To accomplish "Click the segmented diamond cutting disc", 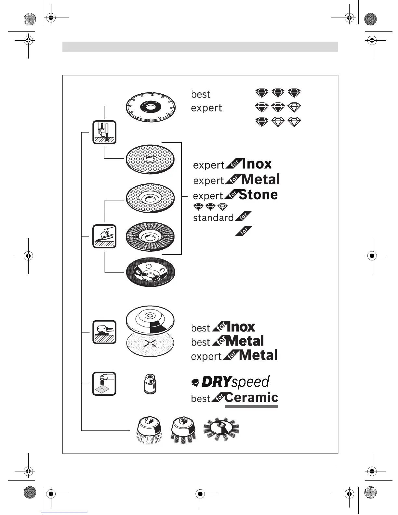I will click(151, 106).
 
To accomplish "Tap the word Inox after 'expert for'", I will click(257, 164).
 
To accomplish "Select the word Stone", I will click(258, 195).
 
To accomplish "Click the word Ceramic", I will click(251, 397).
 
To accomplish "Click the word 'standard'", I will click(213, 218).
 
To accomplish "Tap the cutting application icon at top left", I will click(104, 132).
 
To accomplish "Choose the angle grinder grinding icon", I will click(104, 236).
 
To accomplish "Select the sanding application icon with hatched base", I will click(104, 332).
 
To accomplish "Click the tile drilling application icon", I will click(104, 384).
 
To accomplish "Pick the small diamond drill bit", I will click(150, 384).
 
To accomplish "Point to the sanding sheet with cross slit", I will click(150, 345).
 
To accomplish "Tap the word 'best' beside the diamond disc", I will click(201, 94).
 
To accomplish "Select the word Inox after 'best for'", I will click(241, 327).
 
